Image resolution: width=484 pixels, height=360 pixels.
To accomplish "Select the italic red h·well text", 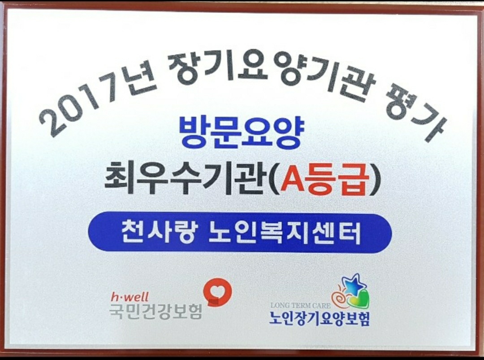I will (x=130, y=296).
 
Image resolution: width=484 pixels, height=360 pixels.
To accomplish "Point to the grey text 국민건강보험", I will (x=156, y=311).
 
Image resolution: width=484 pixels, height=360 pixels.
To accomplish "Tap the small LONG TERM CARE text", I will (x=300, y=305).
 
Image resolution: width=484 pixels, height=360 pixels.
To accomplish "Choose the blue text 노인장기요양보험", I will (x=319, y=318).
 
